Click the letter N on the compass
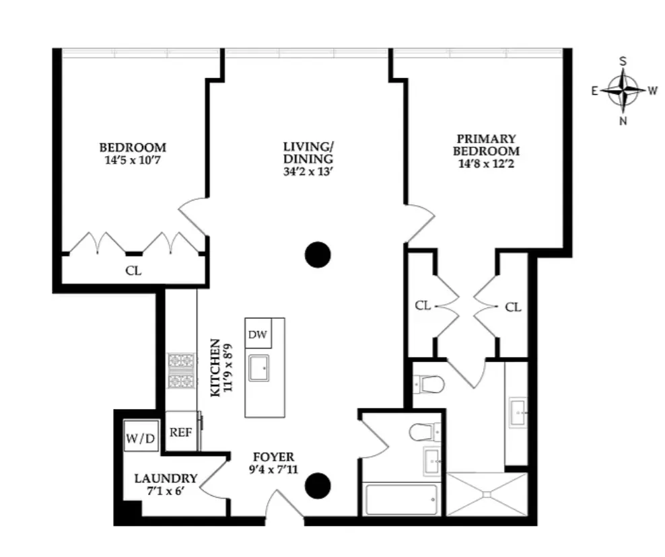coord(623,121)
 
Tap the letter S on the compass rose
coord(623,61)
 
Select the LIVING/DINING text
coord(308,153)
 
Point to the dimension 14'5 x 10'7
coord(133,160)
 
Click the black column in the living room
coord(318,254)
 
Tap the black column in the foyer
coord(318,484)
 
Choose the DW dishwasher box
coord(256,334)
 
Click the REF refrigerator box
coord(180,433)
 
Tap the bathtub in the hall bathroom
coord(400,499)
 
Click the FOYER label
coord(273,457)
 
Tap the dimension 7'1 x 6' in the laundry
coord(165,491)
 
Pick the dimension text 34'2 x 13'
coord(308,172)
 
